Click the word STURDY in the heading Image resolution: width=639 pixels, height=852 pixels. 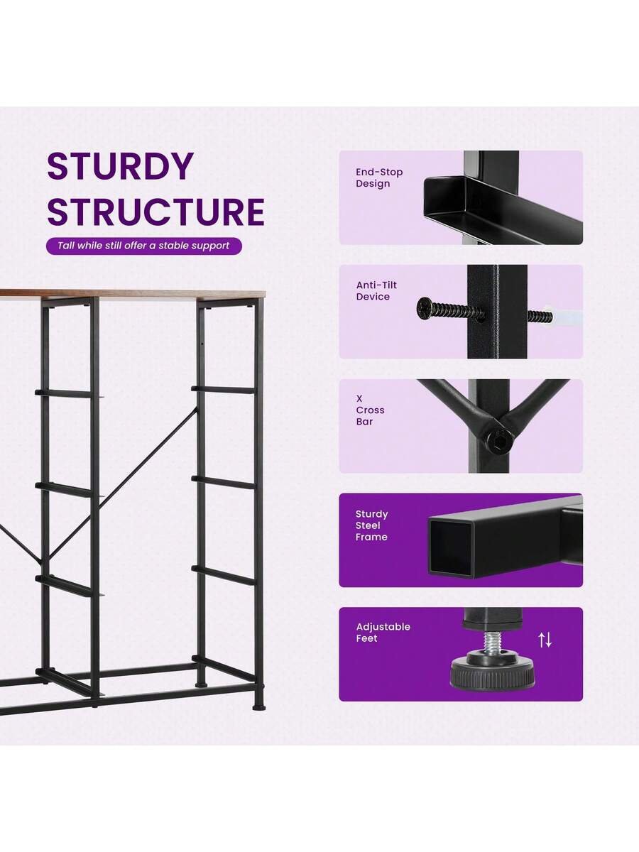[120, 166]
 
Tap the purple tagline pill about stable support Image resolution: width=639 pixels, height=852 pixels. [144, 246]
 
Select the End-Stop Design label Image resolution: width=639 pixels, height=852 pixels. [379, 177]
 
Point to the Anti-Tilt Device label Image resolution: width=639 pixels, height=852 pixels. [376, 290]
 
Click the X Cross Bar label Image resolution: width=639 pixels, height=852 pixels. [370, 410]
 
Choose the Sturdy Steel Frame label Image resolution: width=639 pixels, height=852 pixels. [371, 525]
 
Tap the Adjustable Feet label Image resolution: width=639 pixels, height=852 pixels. [383, 633]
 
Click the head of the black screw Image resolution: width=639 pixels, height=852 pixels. [424, 308]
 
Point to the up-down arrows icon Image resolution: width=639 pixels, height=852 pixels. [545, 640]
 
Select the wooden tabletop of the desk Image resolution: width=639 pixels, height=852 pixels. [133, 294]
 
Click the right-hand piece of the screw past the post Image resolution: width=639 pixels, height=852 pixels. [540, 316]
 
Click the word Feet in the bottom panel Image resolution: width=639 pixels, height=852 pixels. [366, 638]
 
